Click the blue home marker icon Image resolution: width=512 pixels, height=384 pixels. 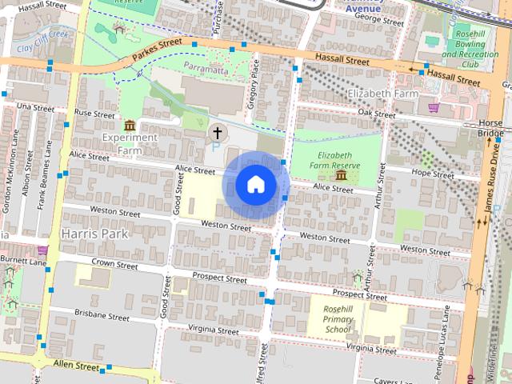255,185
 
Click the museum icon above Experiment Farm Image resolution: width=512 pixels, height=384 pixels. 130,125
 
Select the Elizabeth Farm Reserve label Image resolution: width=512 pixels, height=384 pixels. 339,160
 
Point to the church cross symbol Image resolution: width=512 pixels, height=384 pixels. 217,131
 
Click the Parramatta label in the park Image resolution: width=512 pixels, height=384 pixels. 206,70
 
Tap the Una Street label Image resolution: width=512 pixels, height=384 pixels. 34,106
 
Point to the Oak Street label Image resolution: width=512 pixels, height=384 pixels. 377,114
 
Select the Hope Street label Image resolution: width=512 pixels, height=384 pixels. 431,172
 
